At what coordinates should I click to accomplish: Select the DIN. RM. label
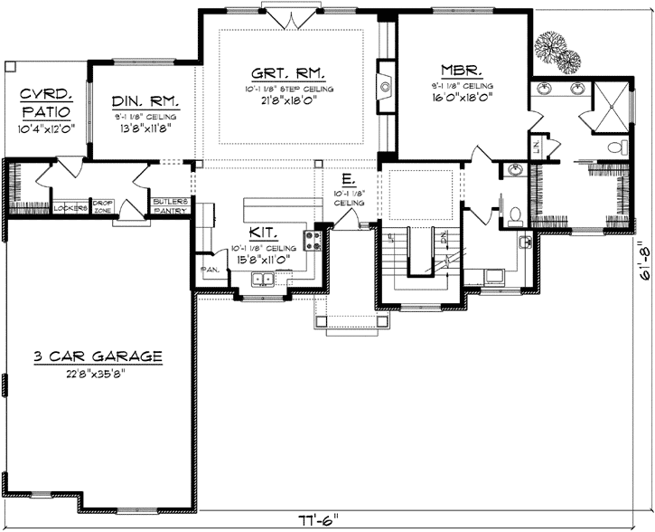145,101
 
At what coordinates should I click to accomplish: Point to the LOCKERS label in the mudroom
69,208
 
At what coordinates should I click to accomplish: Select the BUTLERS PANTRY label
169,204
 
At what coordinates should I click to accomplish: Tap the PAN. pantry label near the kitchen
206,269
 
